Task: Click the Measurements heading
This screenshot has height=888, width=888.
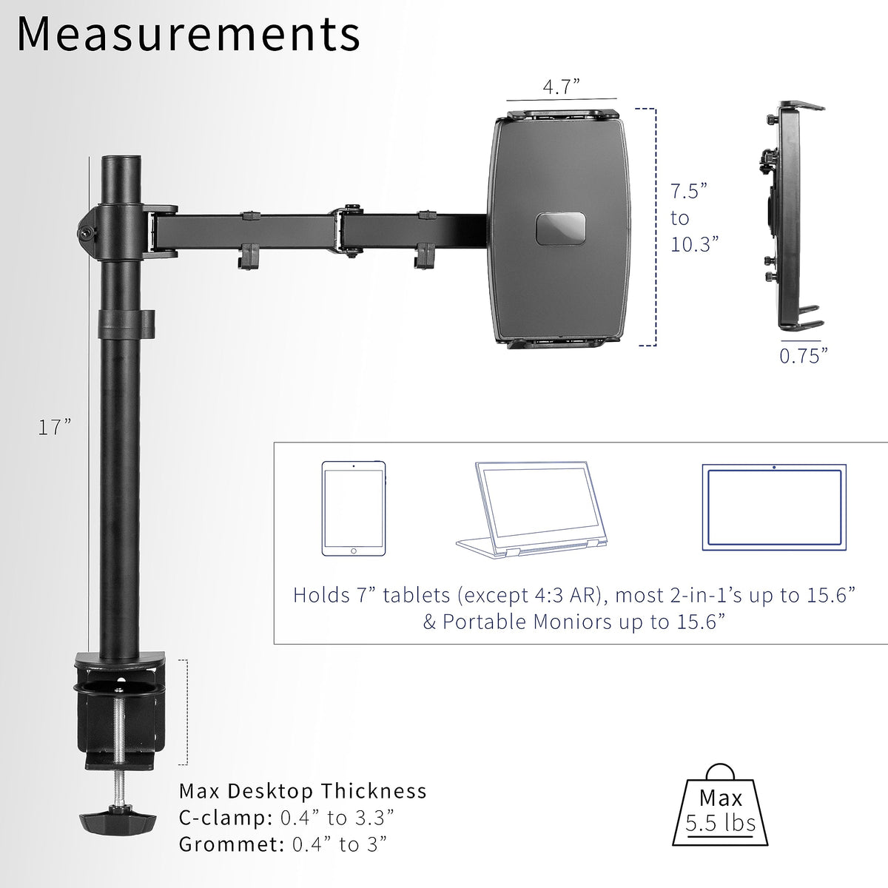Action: click(x=189, y=34)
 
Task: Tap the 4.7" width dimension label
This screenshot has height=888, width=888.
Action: click(x=561, y=87)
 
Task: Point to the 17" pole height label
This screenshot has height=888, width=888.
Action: click(x=54, y=427)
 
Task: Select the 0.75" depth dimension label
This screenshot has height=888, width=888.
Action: click(x=803, y=356)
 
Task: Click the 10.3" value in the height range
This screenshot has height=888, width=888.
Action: click(x=694, y=244)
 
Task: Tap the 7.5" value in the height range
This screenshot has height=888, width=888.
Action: click(x=688, y=191)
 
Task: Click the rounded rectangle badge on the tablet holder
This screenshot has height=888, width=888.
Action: click(x=561, y=229)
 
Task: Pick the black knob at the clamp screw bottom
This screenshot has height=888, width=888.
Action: click(x=118, y=821)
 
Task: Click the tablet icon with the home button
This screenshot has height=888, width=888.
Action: click(x=354, y=508)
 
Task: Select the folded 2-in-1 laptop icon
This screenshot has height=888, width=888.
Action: click(x=531, y=510)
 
